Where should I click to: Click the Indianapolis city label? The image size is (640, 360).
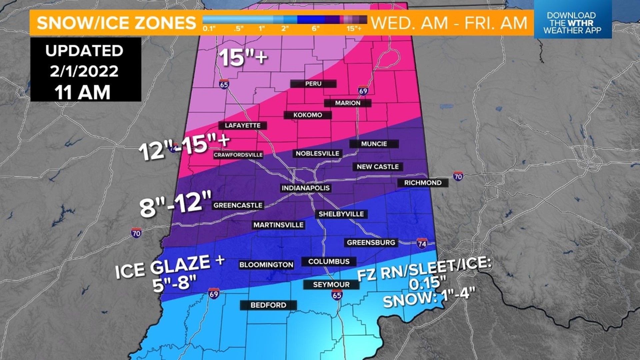click(305, 188)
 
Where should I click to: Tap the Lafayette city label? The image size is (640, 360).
click(243, 125)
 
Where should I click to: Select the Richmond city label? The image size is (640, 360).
click(423, 183)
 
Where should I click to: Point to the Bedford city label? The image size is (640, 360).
click(268, 305)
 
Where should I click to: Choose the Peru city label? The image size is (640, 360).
click(313, 84)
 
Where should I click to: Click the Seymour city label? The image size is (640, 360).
click(331, 285)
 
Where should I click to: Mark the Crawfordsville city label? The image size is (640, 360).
click(238, 155)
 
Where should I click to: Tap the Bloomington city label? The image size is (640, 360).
click(266, 265)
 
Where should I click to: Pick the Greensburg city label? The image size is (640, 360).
click(371, 243)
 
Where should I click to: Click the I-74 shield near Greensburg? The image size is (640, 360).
click(422, 244)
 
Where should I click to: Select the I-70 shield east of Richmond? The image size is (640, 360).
click(458, 176)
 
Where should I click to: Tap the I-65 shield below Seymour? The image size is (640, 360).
click(337, 295)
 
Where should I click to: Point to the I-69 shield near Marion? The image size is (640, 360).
click(363, 91)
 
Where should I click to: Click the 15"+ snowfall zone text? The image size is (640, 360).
click(243, 57)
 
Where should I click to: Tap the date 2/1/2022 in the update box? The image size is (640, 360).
click(84, 71)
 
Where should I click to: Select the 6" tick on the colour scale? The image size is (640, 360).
click(315, 29)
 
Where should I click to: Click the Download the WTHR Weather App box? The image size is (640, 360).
click(572, 23)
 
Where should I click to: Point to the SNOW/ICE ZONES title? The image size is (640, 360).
click(116, 23)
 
